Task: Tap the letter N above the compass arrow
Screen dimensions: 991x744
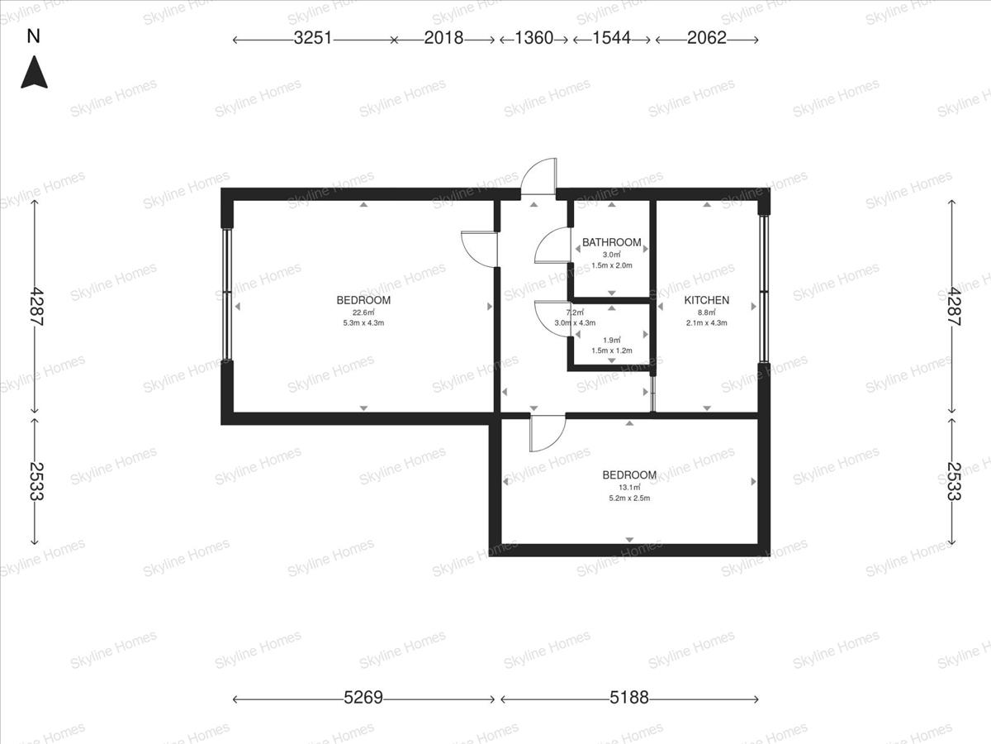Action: tap(33, 36)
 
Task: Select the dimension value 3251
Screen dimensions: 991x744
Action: tap(313, 38)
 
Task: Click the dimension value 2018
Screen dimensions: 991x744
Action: tap(443, 38)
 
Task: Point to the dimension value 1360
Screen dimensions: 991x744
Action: tap(533, 38)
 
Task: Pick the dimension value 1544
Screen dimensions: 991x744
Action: tap(611, 38)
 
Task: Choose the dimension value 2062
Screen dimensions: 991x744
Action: tap(707, 38)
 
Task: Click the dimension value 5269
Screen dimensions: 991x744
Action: tap(363, 698)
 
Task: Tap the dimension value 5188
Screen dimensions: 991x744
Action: tap(629, 698)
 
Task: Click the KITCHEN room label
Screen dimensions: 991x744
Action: tap(707, 300)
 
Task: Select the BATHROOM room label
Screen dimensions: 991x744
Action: tap(612, 242)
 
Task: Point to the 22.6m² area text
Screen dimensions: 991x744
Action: tap(363, 312)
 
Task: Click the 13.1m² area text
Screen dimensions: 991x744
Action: tap(629, 487)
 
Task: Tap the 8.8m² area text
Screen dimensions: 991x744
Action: tap(707, 312)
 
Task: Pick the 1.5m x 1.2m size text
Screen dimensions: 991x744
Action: tap(612, 351)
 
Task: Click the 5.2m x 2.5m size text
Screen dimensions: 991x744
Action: tap(629, 498)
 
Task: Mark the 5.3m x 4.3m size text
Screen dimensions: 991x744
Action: tap(363, 323)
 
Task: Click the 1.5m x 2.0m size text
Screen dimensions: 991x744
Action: tap(612, 265)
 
